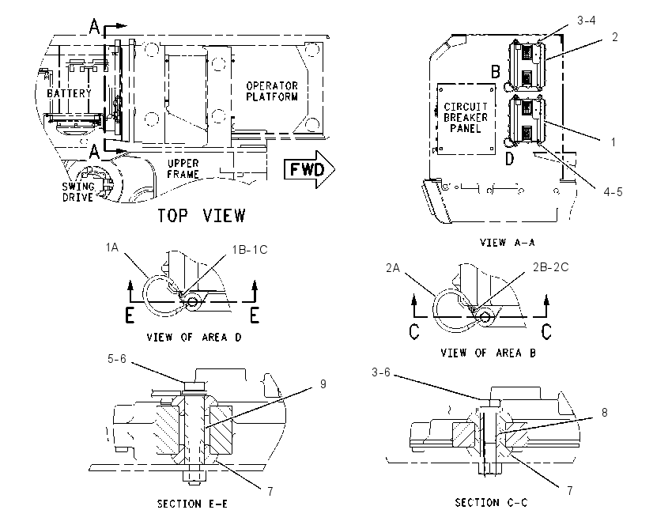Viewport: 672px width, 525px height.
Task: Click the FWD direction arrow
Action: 309,169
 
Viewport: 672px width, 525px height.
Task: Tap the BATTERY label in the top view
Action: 69,93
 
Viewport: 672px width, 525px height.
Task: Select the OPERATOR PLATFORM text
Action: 272,91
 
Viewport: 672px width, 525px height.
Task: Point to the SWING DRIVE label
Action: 78,191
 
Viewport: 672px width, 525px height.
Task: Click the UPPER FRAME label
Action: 183,169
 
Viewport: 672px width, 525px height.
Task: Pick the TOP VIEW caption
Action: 202,216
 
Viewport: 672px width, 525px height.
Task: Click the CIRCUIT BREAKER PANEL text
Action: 466,117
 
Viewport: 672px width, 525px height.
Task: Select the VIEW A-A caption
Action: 508,243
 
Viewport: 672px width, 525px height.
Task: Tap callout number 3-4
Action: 587,20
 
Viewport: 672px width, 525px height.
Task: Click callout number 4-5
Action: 613,191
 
